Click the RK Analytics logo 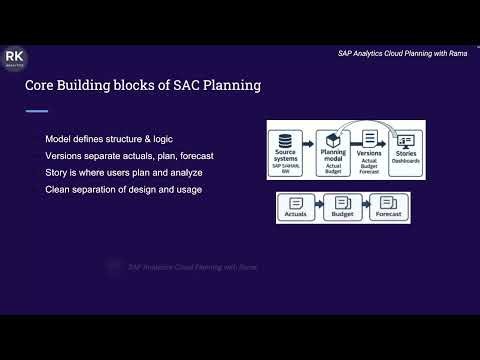(16, 60)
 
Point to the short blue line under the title (36, 111)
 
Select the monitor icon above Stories (405, 140)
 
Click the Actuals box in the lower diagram (296, 207)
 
